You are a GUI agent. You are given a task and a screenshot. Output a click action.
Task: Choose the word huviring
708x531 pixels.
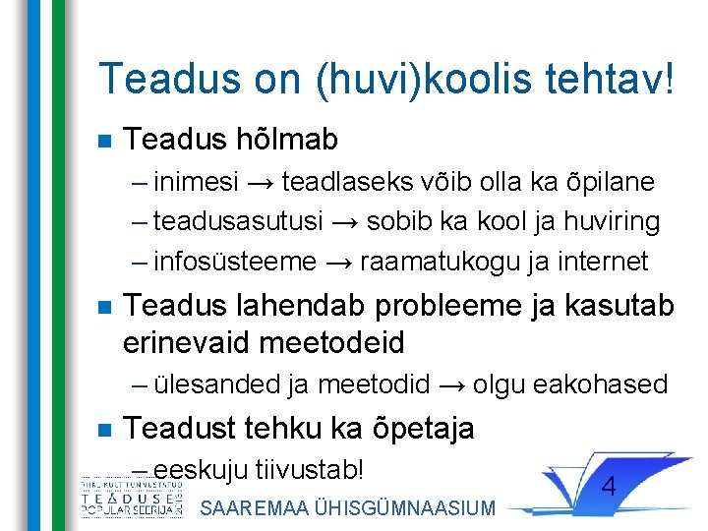612,222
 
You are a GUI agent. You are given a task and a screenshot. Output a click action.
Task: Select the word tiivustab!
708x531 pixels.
309,469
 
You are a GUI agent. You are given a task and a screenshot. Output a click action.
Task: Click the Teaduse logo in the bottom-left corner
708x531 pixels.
132,501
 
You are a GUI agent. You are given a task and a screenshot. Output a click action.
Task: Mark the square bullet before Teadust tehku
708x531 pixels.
105,430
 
